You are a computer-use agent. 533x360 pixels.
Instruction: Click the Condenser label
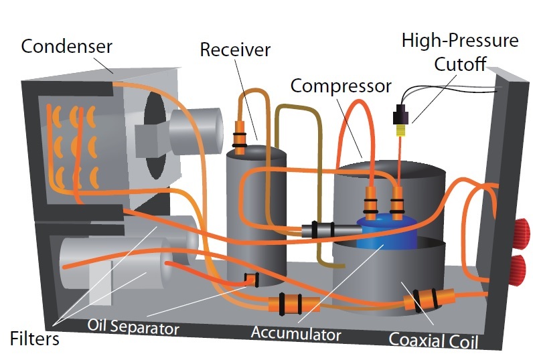[x=66, y=47]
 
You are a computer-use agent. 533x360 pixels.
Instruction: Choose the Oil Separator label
[x=133, y=328]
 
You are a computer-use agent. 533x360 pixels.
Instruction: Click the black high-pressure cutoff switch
[x=402, y=116]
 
